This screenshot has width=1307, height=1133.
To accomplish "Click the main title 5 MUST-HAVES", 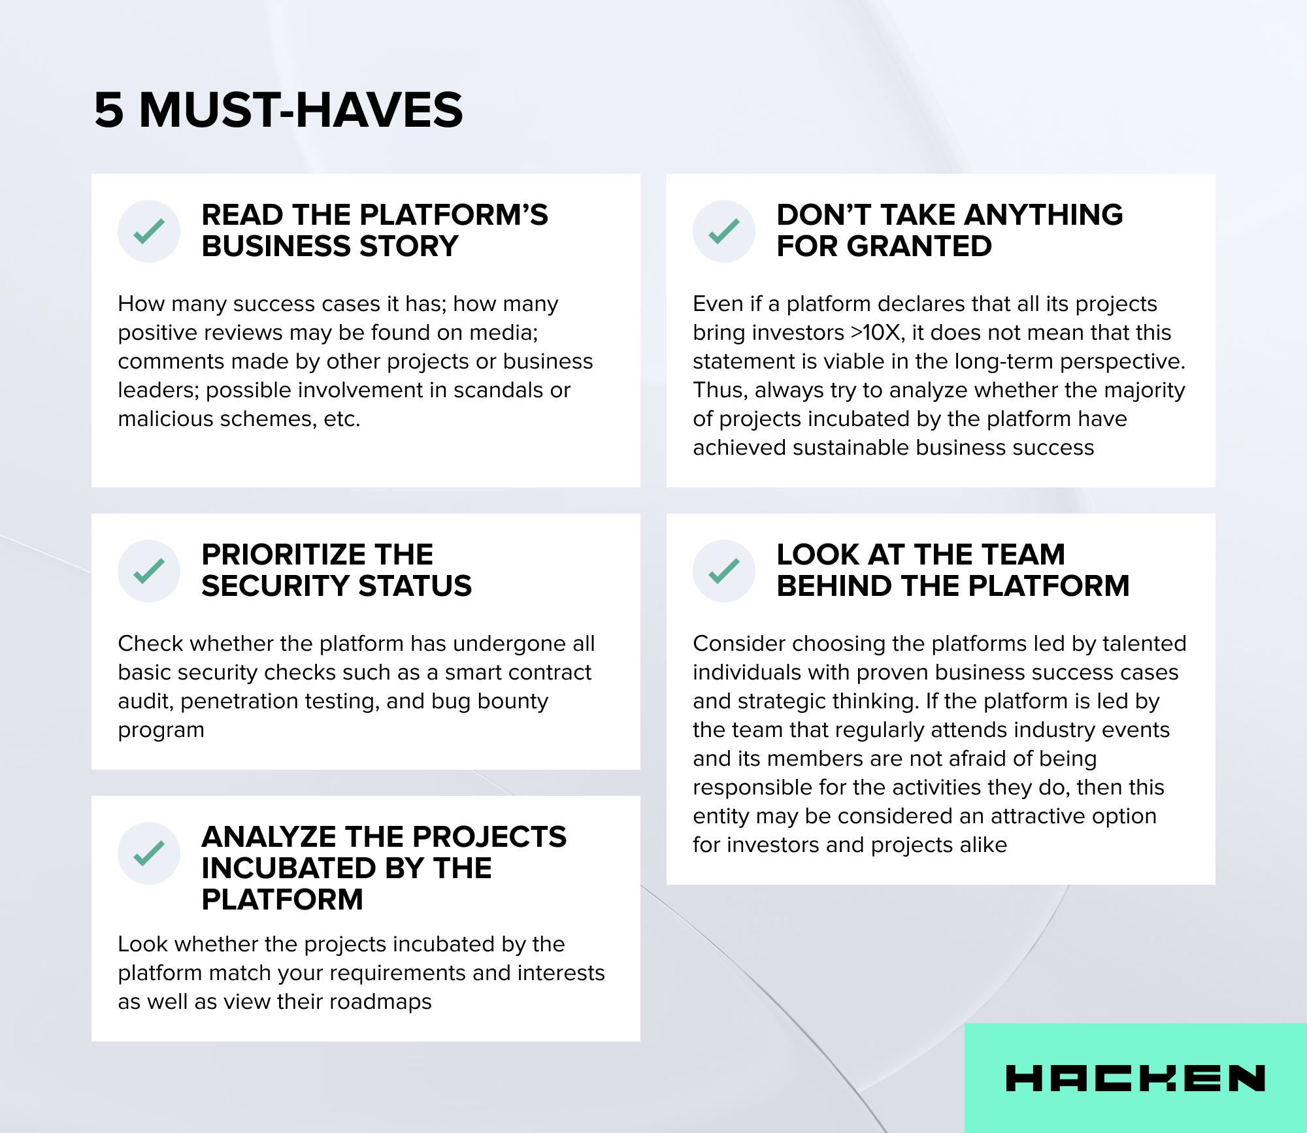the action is [x=278, y=110].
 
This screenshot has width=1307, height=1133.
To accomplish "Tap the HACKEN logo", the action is [x=1135, y=1078].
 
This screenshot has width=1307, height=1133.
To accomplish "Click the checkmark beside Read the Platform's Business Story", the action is [x=149, y=231].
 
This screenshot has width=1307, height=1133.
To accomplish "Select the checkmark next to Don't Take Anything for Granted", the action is [x=724, y=231].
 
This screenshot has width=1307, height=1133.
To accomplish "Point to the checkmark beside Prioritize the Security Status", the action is [x=149, y=571].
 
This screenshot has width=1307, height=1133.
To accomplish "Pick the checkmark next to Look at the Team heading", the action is [x=724, y=571].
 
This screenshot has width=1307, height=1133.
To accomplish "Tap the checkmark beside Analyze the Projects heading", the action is [x=149, y=853].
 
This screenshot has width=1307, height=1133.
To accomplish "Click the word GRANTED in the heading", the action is [x=919, y=246].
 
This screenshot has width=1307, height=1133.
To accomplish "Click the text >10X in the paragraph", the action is [x=878, y=333].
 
